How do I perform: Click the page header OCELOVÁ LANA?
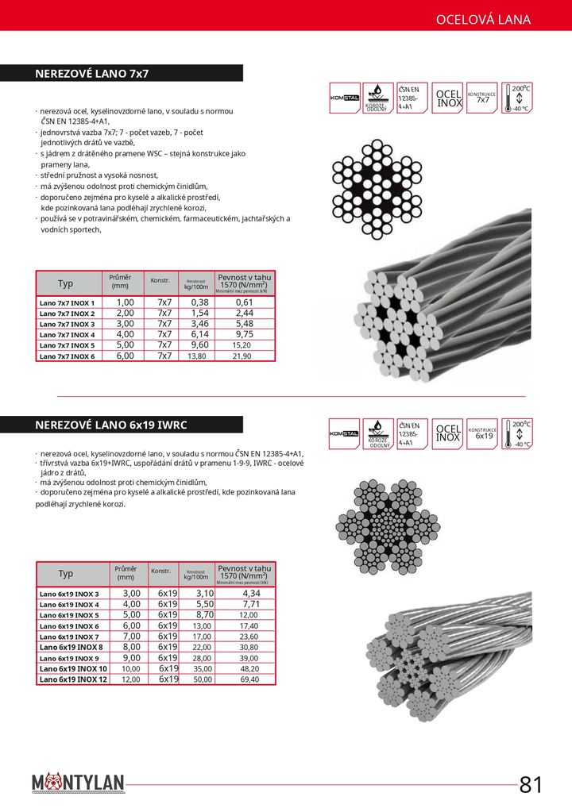click(483, 20)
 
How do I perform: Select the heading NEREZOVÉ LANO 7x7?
click(92, 74)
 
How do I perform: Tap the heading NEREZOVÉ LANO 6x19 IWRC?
click(111, 425)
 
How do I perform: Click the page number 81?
click(531, 785)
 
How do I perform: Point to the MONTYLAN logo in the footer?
click(79, 784)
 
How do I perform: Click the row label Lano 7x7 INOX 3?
click(67, 324)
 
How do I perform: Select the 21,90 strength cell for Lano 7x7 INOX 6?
click(242, 356)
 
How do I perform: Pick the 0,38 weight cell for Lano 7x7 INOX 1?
click(199, 302)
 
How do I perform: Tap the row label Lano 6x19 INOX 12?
click(73, 679)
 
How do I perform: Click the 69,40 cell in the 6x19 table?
click(249, 679)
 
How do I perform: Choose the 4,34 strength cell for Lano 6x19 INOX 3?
click(251, 594)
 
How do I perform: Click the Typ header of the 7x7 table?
click(65, 283)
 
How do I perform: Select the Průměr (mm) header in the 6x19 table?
click(126, 573)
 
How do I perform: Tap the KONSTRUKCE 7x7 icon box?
click(482, 98)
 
